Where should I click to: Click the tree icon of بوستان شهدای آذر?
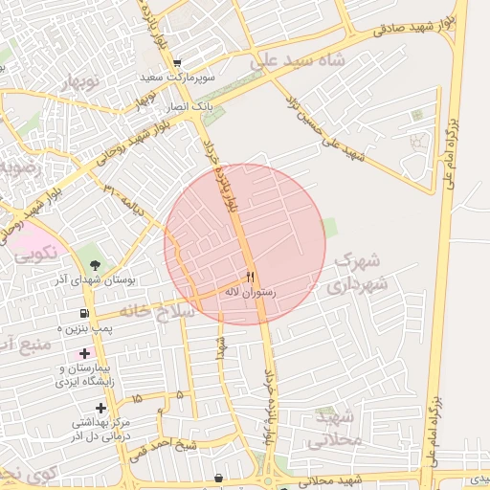94,264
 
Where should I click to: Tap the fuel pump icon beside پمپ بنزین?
85,313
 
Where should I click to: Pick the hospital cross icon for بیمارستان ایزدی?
85,356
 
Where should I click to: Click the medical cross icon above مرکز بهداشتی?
100,408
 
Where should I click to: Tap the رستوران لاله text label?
250,291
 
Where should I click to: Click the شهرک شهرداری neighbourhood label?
354,272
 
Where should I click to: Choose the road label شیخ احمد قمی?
164,443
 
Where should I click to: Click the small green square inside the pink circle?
329,227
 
